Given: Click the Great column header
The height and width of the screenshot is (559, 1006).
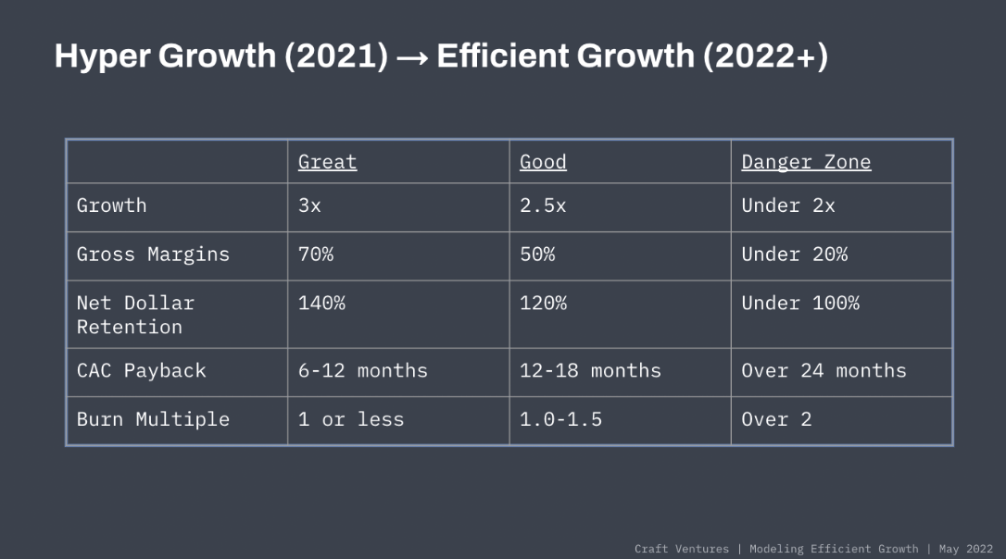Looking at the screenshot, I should point(327,162).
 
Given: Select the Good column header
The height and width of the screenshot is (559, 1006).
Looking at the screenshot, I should point(543,162).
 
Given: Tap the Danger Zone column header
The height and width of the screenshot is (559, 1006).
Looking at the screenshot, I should point(806,162).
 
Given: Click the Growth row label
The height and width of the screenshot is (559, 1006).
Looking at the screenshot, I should point(111,205).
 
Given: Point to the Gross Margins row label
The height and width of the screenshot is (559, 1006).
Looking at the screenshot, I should point(153,255).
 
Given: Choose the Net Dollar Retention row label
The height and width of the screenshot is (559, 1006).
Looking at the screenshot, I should point(135,315).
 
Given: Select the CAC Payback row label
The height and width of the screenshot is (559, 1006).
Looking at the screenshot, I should point(141,371).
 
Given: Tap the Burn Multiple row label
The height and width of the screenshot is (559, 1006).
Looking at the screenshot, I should point(153,419).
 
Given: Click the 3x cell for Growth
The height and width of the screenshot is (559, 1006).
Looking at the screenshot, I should point(309,205).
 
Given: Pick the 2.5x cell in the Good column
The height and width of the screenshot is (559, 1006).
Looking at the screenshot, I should point(543,205).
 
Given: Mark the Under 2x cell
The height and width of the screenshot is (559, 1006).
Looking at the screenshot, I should point(788,205).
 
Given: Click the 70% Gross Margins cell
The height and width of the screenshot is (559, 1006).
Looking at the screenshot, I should point(316,255).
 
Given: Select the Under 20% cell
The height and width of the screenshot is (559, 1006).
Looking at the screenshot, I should point(794,255).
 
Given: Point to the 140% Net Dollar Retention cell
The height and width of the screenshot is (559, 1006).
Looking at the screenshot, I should point(321,303).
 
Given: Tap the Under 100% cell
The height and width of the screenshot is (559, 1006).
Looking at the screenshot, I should point(800,303).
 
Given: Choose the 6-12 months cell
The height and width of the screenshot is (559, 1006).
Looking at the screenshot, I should point(363,371).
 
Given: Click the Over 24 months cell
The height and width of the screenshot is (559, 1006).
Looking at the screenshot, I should point(824,371).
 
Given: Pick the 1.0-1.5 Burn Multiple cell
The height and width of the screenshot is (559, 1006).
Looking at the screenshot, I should point(560,419).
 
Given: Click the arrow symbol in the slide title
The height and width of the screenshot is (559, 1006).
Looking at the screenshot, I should point(412,57).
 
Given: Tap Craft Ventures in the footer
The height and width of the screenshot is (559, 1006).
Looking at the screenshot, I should point(682,549).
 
